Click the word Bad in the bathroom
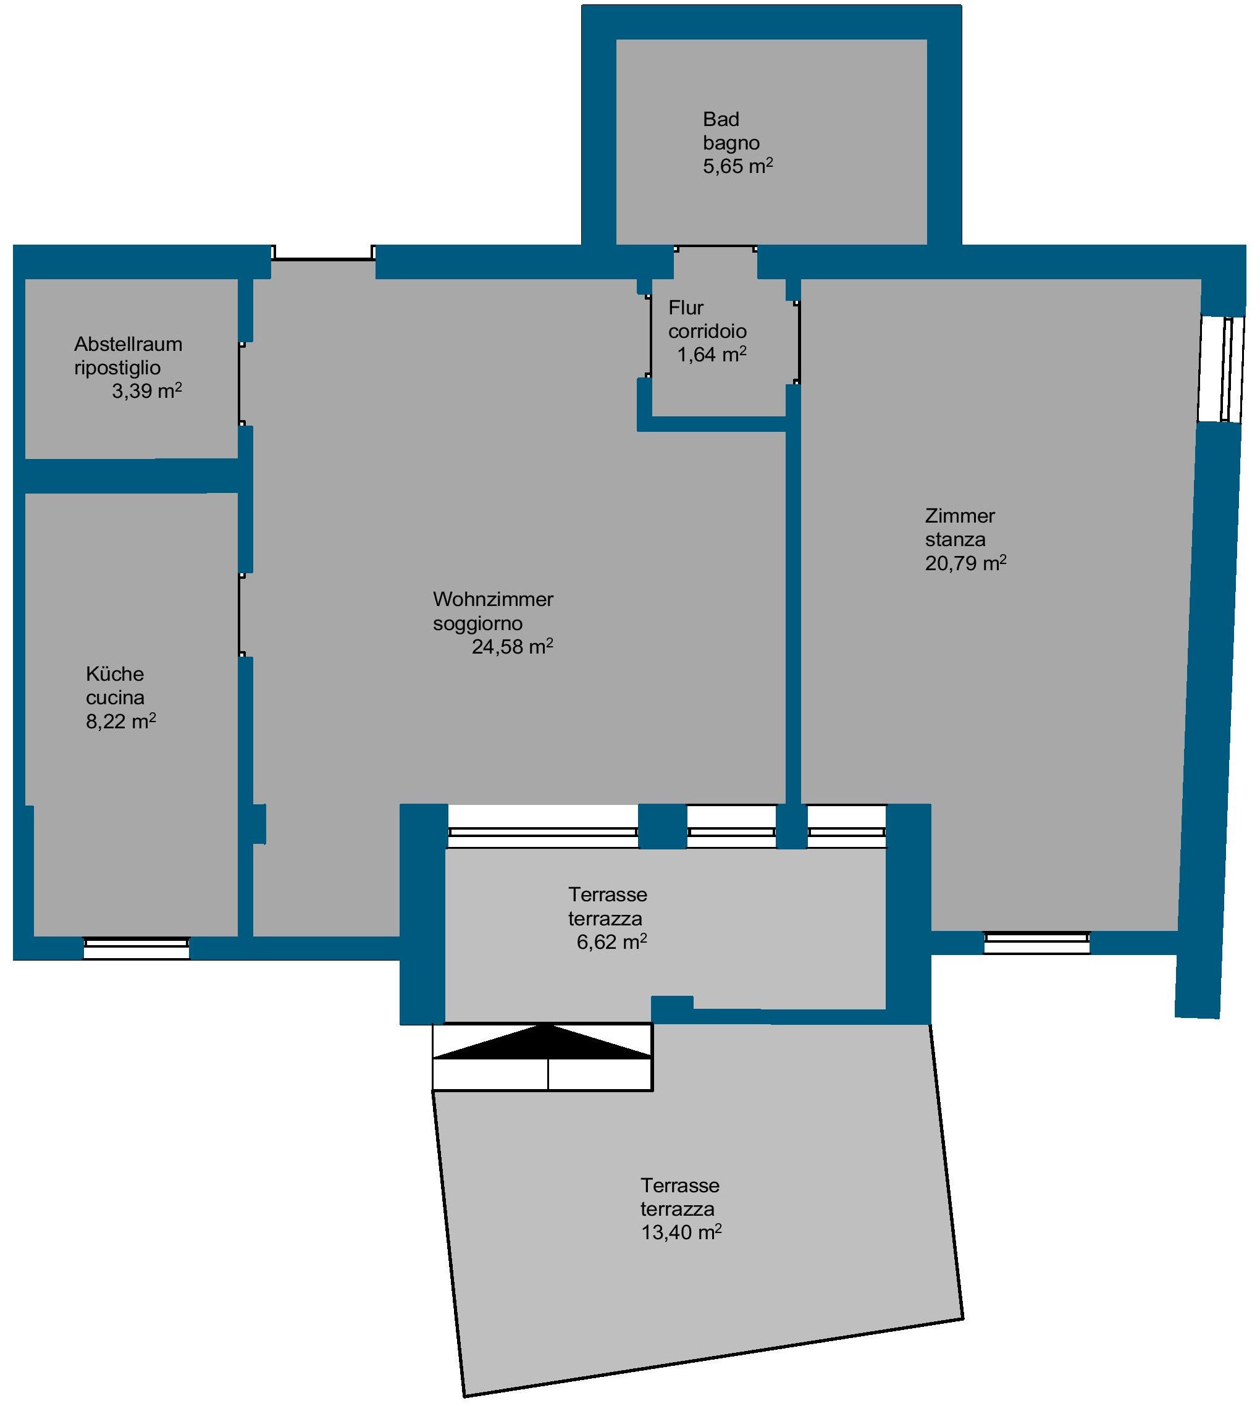(721, 119)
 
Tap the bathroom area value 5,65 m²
(738, 166)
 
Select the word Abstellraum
(128, 344)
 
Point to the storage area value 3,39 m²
(147, 391)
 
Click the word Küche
(115, 673)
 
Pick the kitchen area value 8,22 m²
(120, 722)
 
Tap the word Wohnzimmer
(493, 599)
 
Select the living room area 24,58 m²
(512, 647)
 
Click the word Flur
(686, 308)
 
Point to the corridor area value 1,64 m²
(712, 355)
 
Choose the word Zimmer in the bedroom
(960, 516)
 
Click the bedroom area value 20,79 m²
(966, 563)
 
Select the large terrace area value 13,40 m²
(681, 1232)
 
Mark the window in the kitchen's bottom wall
(136, 948)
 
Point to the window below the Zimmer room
(1036, 942)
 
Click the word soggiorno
(477, 623)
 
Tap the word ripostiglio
(118, 368)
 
